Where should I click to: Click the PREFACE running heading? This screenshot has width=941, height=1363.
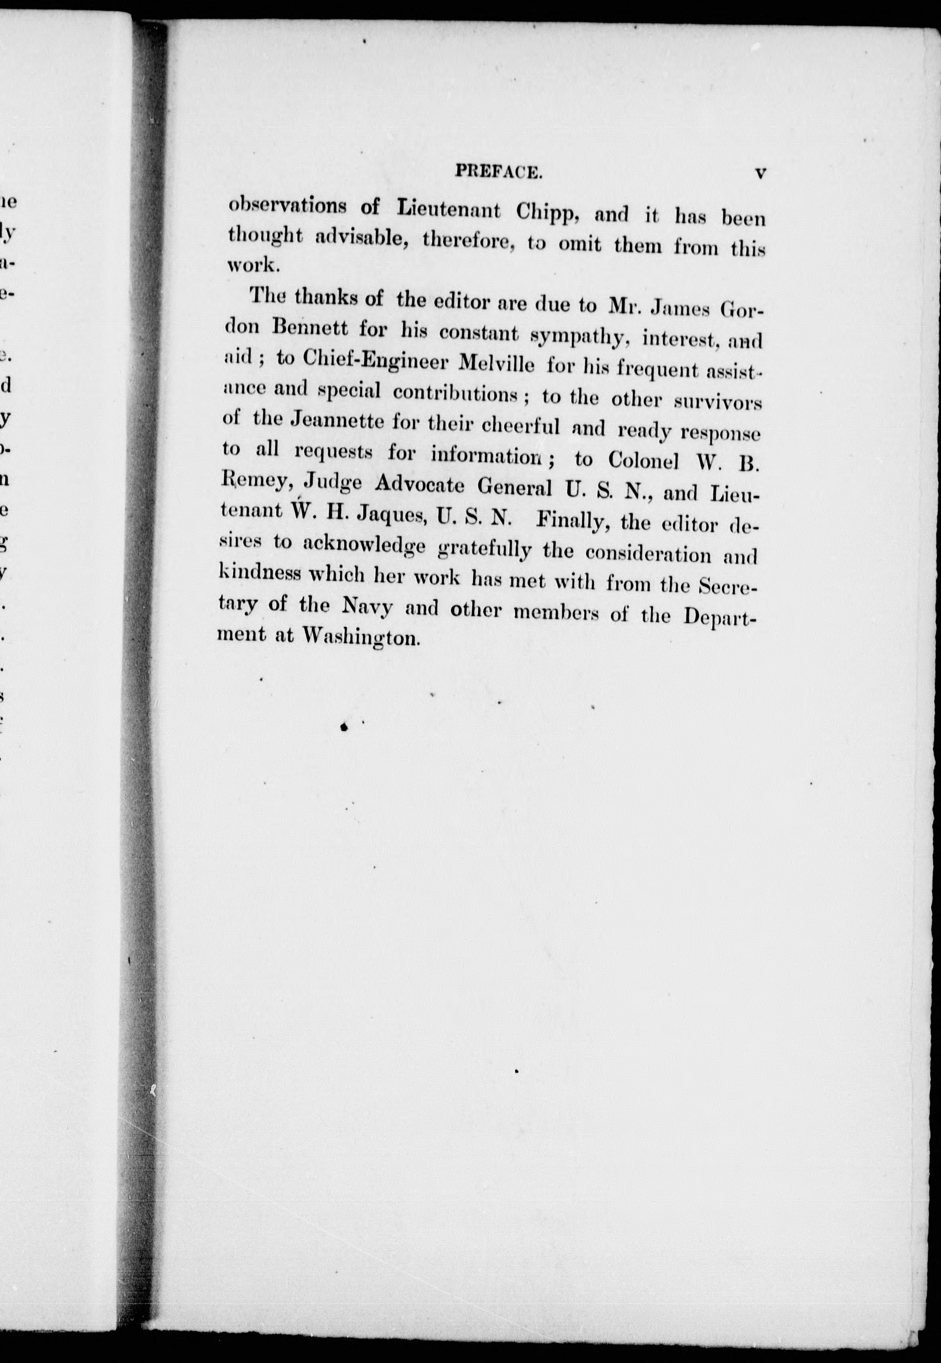coord(498,172)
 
